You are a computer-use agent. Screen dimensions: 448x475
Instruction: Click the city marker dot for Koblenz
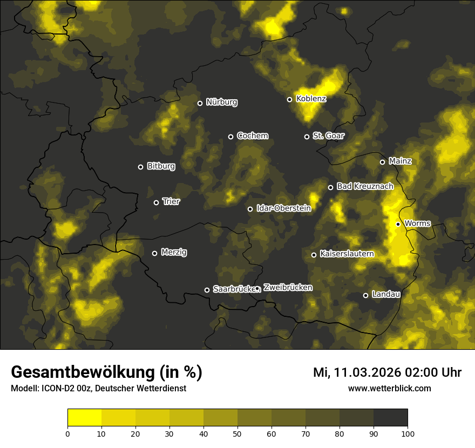tap(289, 99)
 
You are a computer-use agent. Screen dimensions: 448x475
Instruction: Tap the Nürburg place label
tap(221, 102)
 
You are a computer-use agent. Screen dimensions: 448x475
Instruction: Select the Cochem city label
tap(252, 135)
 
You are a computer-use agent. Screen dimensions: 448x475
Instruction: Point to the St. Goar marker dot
tap(307, 137)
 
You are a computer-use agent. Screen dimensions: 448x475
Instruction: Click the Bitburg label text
tap(161, 166)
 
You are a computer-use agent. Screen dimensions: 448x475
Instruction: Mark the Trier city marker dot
tap(157, 202)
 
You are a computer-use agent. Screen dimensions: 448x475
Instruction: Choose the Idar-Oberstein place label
tap(283, 208)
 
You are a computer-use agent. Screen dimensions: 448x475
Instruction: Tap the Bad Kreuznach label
tap(365, 186)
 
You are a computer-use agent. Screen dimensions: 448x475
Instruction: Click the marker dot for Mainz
tap(382, 162)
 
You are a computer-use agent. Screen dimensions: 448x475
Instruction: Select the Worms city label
tap(417, 223)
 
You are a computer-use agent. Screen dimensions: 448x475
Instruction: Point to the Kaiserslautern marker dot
tap(314, 255)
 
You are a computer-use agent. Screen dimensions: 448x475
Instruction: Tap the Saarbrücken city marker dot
tap(207, 290)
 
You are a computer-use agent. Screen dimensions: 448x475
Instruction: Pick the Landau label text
tap(386, 294)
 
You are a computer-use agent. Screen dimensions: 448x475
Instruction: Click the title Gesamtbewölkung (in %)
tap(106, 372)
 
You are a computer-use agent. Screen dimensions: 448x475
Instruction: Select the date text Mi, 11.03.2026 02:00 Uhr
tap(387, 372)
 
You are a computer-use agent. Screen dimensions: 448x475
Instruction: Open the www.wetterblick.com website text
tap(389, 388)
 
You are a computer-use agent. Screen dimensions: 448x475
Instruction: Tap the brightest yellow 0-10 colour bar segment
tap(85, 417)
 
